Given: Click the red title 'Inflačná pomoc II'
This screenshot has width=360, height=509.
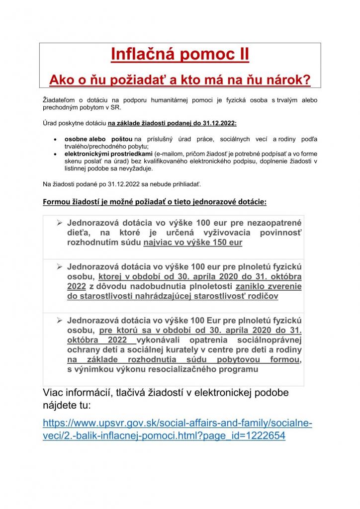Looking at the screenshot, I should (180, 54).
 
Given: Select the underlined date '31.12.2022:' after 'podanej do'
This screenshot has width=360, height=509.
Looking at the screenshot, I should (219, 122).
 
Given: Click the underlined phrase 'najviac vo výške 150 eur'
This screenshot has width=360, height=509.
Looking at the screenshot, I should (192, 243).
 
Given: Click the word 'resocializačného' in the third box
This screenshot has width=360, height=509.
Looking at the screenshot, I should (181, 369).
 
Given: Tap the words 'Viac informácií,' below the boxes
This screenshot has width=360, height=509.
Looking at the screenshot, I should (80, 393).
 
